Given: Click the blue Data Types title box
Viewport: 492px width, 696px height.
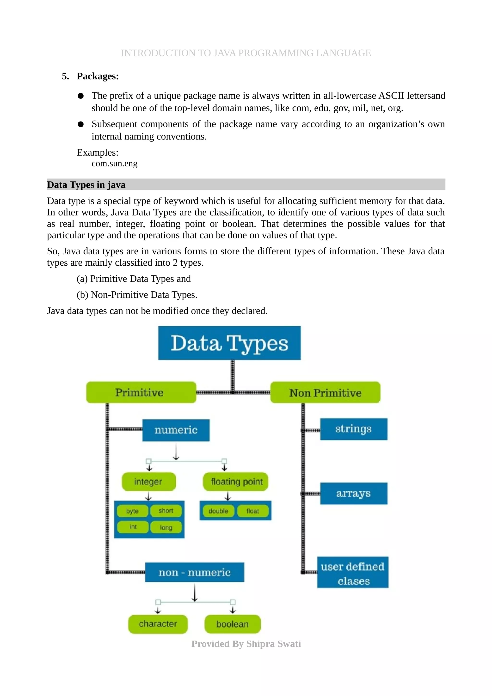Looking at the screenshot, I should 229,343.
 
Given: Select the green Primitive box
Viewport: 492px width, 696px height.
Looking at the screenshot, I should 141,392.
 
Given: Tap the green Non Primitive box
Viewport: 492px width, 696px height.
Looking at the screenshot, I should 325,393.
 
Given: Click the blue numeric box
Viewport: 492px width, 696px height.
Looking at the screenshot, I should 176,430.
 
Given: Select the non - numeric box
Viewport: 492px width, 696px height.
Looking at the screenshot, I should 194,572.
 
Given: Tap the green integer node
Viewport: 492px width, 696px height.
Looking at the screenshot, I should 148,481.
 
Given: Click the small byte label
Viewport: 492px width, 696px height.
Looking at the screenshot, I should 132,511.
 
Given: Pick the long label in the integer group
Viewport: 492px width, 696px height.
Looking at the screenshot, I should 166,527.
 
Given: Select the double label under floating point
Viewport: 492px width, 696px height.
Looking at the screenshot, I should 218,511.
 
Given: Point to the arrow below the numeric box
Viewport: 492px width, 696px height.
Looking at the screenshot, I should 176,451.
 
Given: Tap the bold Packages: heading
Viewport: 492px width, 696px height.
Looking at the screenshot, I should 98,76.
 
